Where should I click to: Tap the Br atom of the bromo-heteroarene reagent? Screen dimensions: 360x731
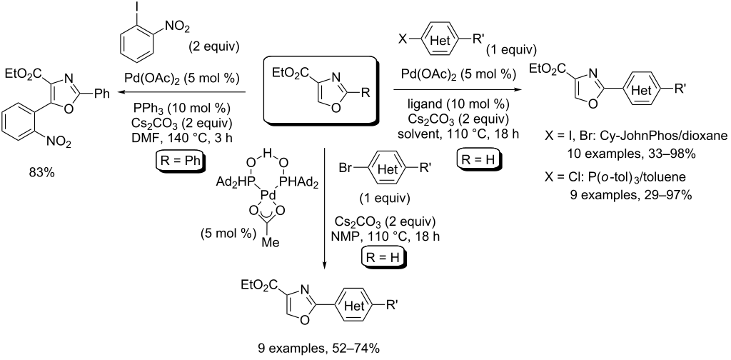click(345, 169)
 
